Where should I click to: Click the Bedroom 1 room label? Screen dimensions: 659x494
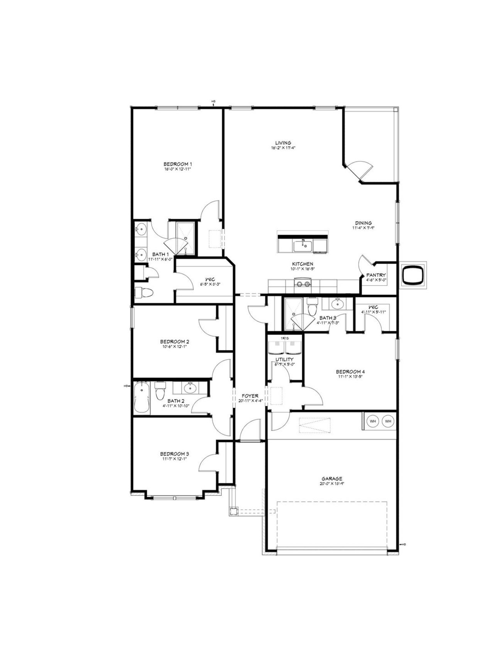click(178, 164)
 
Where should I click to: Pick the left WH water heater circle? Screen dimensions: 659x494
click(373, 421)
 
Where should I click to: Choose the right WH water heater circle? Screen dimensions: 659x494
click(388, 421)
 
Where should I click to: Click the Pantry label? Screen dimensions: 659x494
click(376, 275)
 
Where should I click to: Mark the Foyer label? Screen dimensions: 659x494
click(250, 396)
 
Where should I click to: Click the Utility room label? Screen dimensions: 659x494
click(284, 359)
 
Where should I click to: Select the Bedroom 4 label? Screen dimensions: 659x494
click(350, 372)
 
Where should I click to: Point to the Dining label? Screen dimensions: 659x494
click(363, 223)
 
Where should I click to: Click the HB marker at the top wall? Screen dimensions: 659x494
click(213, 102)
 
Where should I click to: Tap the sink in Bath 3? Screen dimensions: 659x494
click(338, 304)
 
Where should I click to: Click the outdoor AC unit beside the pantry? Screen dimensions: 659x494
click(413, 275)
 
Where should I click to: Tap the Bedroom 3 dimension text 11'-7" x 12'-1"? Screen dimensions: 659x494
click(174, 459)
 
